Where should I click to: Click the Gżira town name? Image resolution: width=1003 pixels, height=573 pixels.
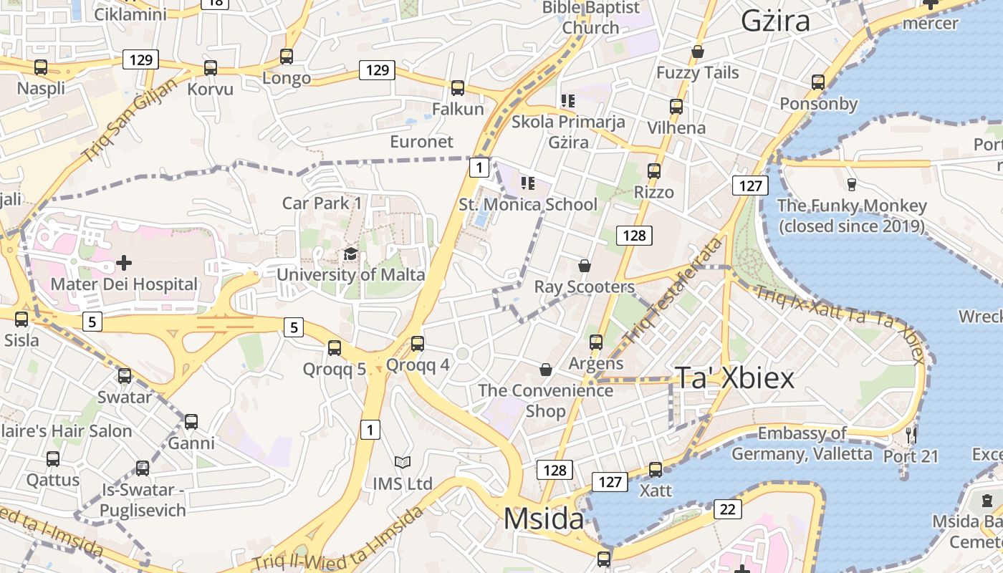click(775, 21)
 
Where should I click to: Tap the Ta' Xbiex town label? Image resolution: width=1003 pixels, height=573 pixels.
click(734, 378)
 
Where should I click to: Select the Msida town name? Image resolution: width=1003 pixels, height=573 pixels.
click(544, 518)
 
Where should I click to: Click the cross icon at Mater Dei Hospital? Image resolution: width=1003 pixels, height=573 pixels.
click(124, 262)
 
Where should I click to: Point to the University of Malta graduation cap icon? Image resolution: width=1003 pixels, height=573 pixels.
click(350, 254)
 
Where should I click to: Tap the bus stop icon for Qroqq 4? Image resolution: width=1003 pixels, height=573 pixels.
click(418, 344)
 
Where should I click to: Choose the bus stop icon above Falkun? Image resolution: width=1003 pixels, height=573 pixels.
click(458, 88)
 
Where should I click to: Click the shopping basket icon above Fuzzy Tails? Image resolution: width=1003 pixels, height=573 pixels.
click(698, 52)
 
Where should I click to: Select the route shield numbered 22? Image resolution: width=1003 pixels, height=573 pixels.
click(728, 509)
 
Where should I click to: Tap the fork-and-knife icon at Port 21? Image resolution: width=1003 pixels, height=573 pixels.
click(911, 434)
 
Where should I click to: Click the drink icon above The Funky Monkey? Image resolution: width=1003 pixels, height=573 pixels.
click(851, 184)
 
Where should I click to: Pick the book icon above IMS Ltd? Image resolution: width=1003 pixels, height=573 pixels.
click(403, 463)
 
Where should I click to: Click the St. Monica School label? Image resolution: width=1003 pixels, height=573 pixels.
click(528, 205)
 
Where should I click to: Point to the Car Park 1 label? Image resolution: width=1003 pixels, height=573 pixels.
click(322, 203)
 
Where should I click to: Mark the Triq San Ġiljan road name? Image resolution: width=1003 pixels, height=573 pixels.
click(129, 120)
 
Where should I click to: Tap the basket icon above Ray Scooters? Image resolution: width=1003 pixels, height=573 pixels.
click(585, 266)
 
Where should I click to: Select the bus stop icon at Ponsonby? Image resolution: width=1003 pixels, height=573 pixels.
click(818, 82)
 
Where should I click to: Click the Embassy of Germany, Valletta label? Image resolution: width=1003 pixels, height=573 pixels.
click(802, 443)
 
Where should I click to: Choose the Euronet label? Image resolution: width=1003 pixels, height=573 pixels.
click(422, 142)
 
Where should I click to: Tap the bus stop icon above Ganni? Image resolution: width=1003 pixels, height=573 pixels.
click(191, 422)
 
